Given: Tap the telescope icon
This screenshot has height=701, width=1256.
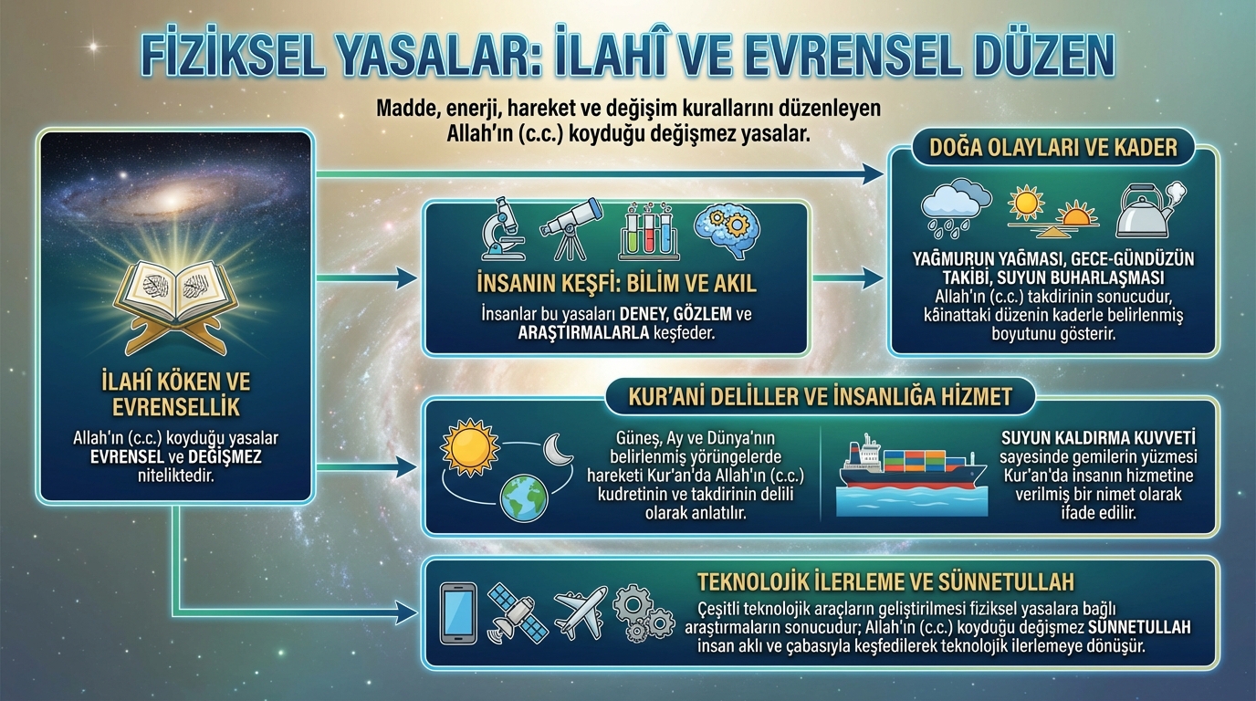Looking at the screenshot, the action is pyautogui.click(x=570, y=230).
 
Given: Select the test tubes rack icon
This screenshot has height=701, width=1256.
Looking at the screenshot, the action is pyautogui.click(x=649, y=231).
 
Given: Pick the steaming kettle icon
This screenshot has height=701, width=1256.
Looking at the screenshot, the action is pyautogui.click(x=1149, y=210).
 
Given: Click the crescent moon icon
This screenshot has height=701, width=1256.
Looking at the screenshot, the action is pyautogui.click(x=558, y=449).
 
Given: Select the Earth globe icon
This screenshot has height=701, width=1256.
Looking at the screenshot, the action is pyautogui.click(x=524, y=498).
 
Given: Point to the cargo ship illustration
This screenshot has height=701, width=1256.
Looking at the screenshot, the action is pyautogui.click(x=911, y=475).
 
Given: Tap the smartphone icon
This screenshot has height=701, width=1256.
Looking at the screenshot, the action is pyautogui.click(x=458, y=613).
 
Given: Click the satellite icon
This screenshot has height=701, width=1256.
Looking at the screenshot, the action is pyautogui.click(x=517, y=613).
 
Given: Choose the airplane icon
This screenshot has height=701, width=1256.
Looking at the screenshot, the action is pyautogui.click(x=581, y=612).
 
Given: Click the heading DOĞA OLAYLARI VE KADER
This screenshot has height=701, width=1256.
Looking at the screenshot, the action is pyautogui.click(x=1053, y=148).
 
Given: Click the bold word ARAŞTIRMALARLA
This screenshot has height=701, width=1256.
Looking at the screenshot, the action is pyautogui.click(x=583, y=332).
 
